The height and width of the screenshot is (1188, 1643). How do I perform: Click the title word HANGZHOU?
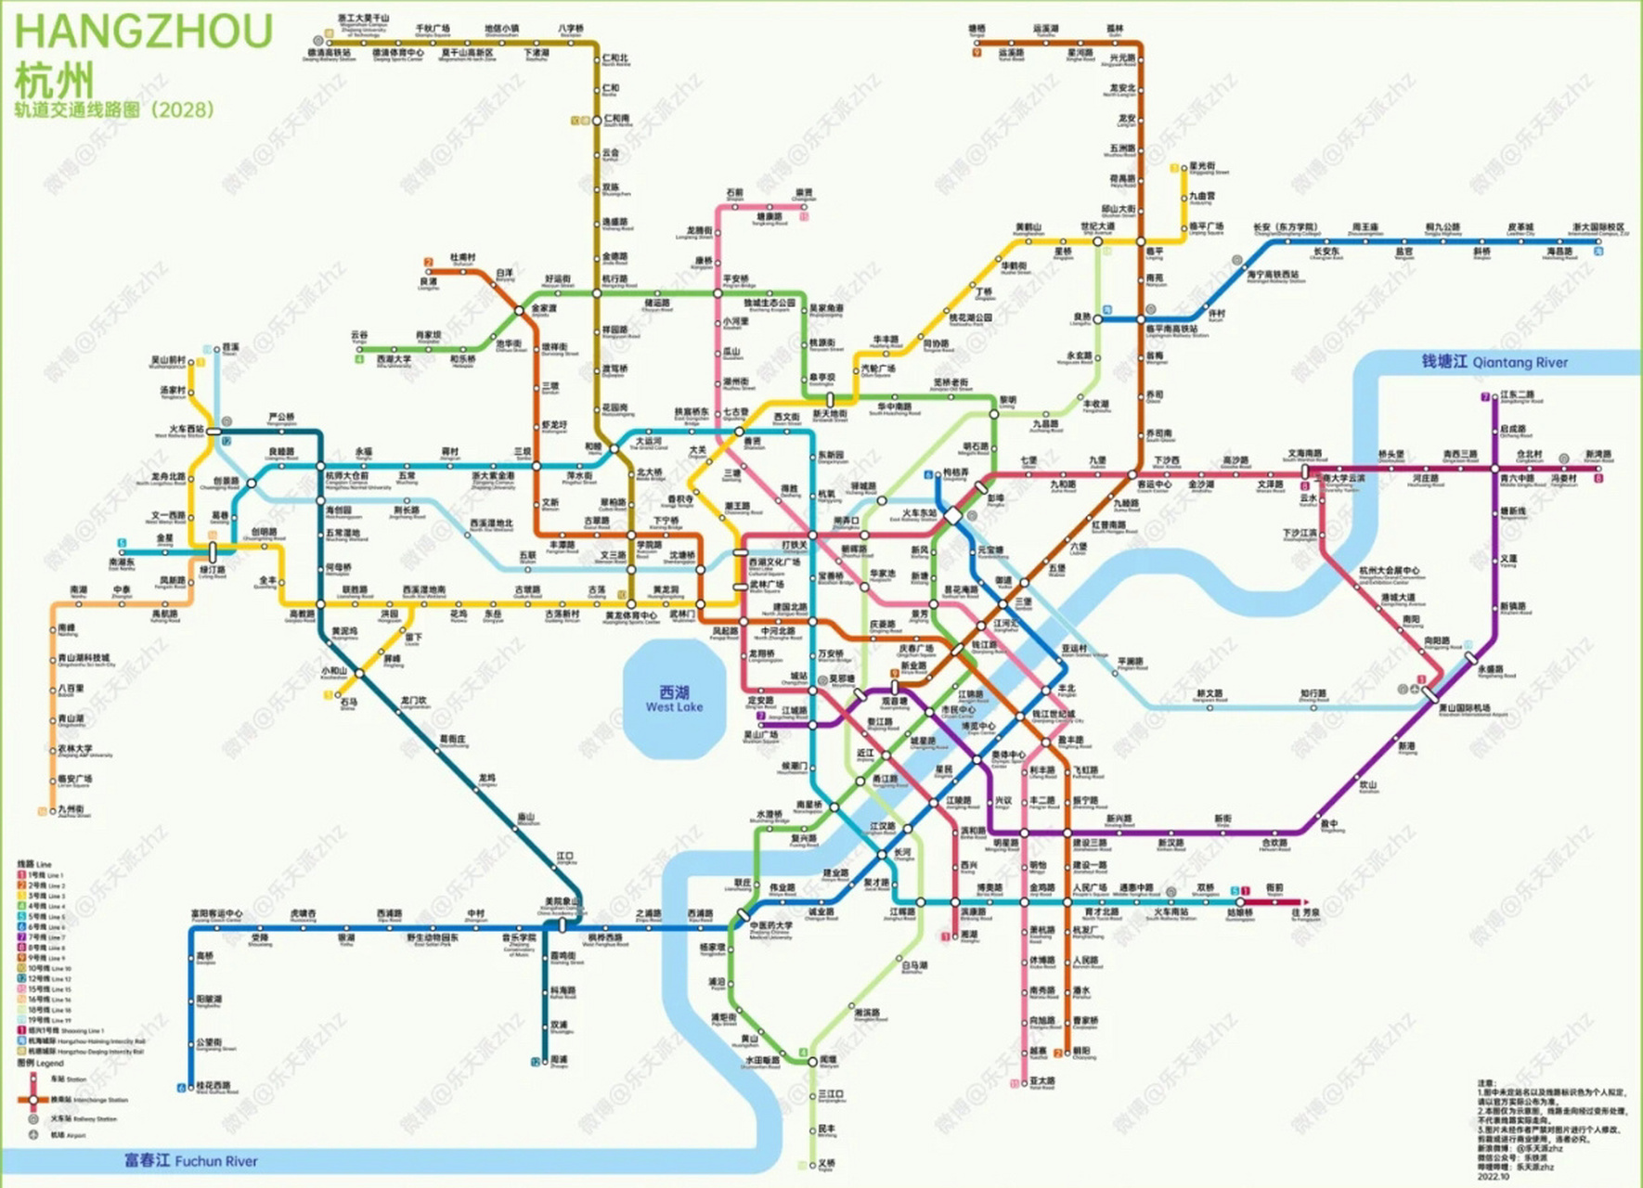point(144,32)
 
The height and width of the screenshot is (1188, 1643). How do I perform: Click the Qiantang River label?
point(1494,362)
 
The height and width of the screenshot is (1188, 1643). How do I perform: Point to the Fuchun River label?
point(191,1161)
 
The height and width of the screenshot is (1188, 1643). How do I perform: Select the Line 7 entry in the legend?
point(42,937)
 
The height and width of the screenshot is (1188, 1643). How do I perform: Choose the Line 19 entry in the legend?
point(42,1020)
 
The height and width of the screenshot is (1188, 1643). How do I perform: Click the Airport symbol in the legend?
point(33,1135)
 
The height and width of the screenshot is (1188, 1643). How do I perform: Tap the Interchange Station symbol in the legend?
point(33,1100)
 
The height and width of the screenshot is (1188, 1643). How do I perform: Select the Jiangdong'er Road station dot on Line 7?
point(1494,397)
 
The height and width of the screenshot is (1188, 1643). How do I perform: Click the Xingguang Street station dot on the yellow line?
point(1186,169)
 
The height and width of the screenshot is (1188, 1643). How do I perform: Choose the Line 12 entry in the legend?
point(42,978)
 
